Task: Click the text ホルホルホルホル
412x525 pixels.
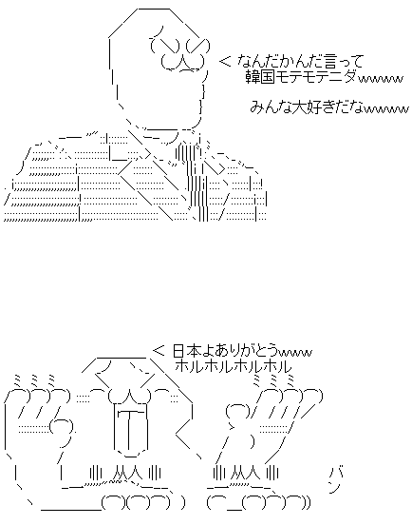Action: click(x=233, y=366)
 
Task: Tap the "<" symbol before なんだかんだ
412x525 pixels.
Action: click(x=225, y=61)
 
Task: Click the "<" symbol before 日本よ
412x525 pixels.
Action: click(x=159, y=351)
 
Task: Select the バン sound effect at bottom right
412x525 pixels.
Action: click(x=335, y=480)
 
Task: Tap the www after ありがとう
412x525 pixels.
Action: click(x=295, y=353)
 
